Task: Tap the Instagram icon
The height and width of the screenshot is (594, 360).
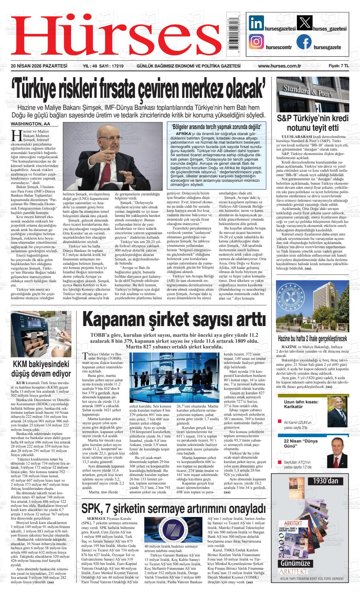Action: [256, 42]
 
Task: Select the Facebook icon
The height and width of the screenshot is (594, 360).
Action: [304, 42]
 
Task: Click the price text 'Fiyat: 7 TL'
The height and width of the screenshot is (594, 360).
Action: [339, 66]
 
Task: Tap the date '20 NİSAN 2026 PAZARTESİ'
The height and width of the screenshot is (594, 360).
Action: [39, 66]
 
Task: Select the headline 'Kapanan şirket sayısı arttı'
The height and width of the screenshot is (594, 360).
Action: [174, 320]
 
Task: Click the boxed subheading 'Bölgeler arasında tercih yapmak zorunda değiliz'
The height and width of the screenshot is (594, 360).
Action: [217, 127]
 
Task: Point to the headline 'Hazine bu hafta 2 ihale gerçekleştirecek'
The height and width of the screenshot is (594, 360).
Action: [312, 339]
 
